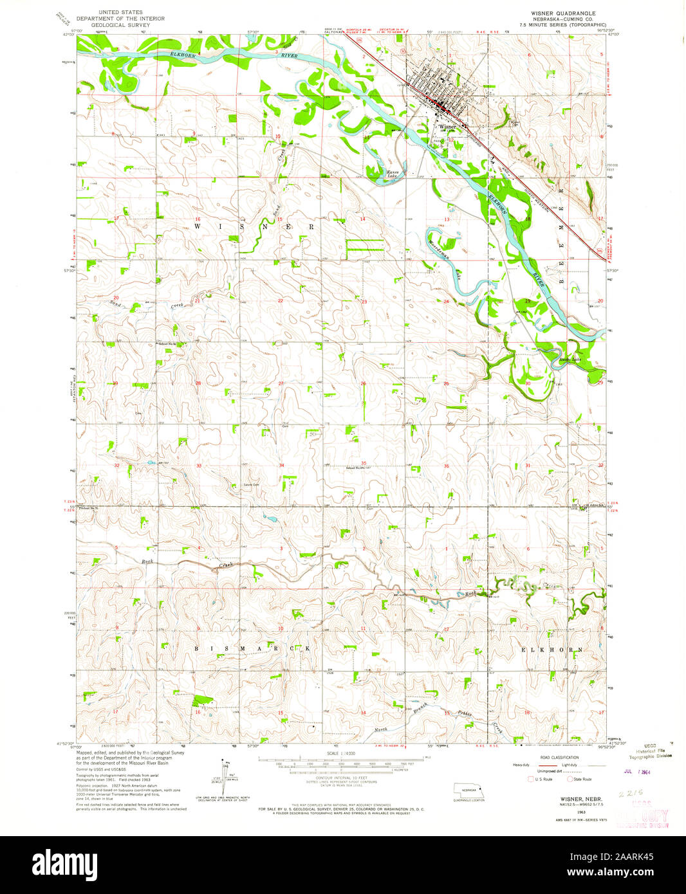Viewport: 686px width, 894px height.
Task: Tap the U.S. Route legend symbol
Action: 531,779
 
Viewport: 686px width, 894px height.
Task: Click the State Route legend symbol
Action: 570,779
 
